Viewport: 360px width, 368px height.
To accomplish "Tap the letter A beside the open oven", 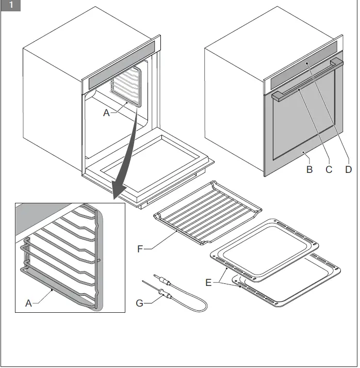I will [107, 113].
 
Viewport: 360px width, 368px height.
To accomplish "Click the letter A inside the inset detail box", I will [29, 303].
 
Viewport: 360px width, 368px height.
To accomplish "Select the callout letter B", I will [309, 169].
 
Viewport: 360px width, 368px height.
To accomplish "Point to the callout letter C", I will [329, 169].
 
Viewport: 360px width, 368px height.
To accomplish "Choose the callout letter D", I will [349, 169].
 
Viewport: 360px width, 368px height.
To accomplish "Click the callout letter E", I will [208, 282].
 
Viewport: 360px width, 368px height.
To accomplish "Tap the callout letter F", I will [140, 249].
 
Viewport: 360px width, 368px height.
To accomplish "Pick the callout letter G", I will [139, 303].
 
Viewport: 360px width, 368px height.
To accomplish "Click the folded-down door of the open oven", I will [150, 165].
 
